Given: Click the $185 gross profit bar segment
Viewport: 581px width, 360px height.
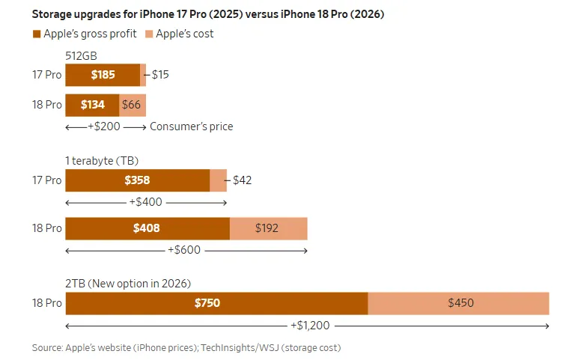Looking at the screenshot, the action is click(x=103, y=75).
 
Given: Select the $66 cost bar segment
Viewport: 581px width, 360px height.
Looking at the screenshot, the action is click(x=133, y=105).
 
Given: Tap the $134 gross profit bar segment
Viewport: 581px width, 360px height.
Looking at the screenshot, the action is click(x=92, y=105).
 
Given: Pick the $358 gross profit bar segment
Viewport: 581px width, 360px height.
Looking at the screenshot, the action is click(x=138, y=180).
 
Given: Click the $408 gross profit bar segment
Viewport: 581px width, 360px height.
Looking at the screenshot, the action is click(x=147, y=228).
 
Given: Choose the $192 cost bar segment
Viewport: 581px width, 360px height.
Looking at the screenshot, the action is click(x=268, y=228).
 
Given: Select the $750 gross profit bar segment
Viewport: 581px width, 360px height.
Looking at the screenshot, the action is click(x=217, y=303).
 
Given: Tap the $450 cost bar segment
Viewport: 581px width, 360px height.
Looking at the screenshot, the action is click(x=458, y=303).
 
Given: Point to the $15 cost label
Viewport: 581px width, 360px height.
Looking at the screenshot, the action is click(x=160, y=75).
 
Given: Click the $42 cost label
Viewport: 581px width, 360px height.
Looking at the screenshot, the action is click(x=242, y=180).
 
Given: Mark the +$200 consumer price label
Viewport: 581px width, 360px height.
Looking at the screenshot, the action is click(x=104, y=126).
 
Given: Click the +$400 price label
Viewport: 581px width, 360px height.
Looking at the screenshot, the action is click(x=145, y=202).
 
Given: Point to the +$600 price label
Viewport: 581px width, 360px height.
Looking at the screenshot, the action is click(x=184, y=250).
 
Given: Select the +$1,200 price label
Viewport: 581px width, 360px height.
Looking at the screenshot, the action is click(x=310, y=326).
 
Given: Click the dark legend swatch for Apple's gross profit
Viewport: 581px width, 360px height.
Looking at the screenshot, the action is click(x=36, y=34).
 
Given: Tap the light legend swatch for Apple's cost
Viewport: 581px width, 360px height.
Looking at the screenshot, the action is click(x=149, y=34).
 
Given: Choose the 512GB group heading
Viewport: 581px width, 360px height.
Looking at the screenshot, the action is click(x=81, y=56).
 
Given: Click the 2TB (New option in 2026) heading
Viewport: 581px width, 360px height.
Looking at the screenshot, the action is click(x=128, y=284).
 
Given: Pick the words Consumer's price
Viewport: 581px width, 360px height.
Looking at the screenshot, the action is click(x=192, y=126).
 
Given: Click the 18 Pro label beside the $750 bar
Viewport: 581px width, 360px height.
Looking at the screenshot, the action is click(x=47, y=303).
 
